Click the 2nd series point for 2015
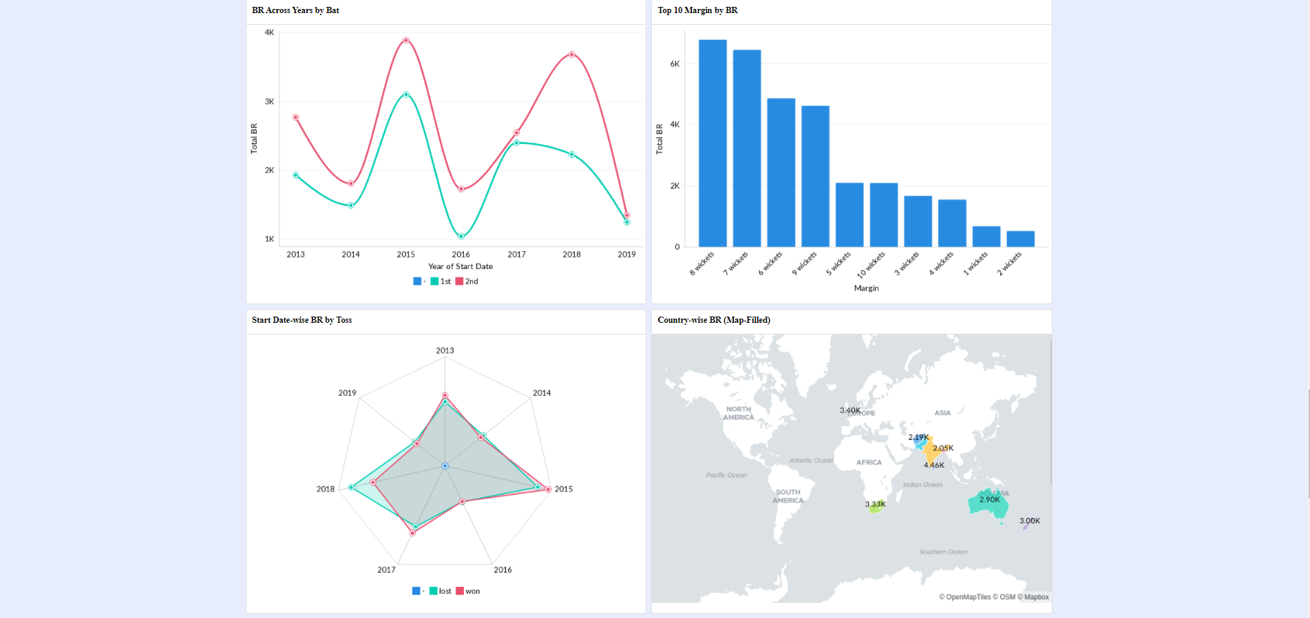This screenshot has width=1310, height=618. coord(406,41)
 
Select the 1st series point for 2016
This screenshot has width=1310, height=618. coord(461,236)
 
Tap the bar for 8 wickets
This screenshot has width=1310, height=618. coord(712,143)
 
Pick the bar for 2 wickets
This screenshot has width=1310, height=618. coord(1020,239)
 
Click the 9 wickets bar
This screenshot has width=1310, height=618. coord(815,176)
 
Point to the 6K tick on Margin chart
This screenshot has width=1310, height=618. coord(675,64)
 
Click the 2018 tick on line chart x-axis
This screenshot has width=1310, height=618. coord(571,255)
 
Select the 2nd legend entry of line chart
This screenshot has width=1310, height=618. coord(467,281)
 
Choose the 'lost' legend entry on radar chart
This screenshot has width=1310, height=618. coord(441,591)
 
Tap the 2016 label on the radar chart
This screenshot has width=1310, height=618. coord(503,570)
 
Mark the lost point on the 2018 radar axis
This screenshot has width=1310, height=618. coord(352,487)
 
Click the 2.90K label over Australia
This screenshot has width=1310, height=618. coord(989,500)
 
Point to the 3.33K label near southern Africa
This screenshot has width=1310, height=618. coord(875,504)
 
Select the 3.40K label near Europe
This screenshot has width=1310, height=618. coord(849,410)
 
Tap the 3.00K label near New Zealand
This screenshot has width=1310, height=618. coord(1029,521)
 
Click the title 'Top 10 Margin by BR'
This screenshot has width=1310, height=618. coord(697,10)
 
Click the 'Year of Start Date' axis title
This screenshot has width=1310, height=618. coord(460,266)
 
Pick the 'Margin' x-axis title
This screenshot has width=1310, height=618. coord(866,288)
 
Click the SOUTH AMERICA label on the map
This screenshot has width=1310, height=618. coord(788,496)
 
